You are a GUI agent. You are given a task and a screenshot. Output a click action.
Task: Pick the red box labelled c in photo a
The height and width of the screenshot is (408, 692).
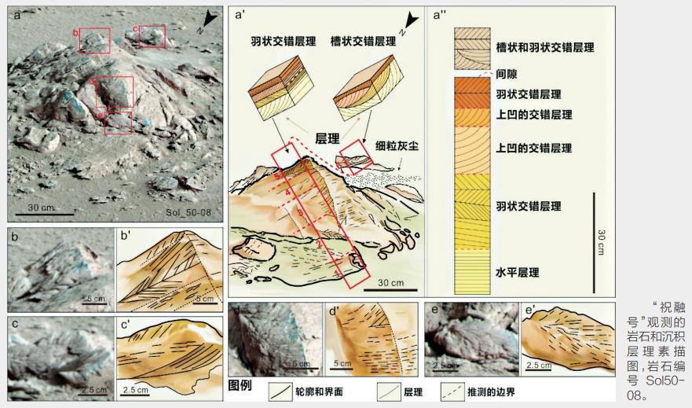(152, 36)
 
